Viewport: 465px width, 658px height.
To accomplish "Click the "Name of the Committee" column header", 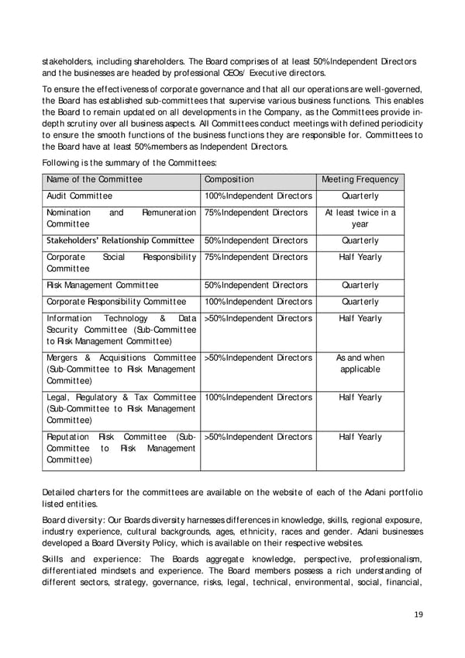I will click(x=94, y=179).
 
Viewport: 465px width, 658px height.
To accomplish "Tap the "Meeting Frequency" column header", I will click(x=360, y=179).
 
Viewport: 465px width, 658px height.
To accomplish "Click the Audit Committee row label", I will click(x=80, y=196).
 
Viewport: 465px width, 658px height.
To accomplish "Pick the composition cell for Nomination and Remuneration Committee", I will click(x=256, y=213).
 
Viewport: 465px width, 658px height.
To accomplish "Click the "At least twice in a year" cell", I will click(x=360, y=218).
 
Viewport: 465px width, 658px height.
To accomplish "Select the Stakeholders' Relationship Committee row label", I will click(x=120, y=241).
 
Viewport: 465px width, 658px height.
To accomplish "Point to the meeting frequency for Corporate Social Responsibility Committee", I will click(x=360, y=257).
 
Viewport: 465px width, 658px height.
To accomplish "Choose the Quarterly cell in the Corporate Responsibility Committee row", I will click(x=360, y=302).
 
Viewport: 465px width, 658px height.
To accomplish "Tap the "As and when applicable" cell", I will click(x=360, y=363).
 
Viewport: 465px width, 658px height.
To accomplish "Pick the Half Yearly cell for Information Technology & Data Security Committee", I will click(x=360, y=318).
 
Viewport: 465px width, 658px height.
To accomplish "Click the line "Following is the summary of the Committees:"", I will click(x=129, y=161).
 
